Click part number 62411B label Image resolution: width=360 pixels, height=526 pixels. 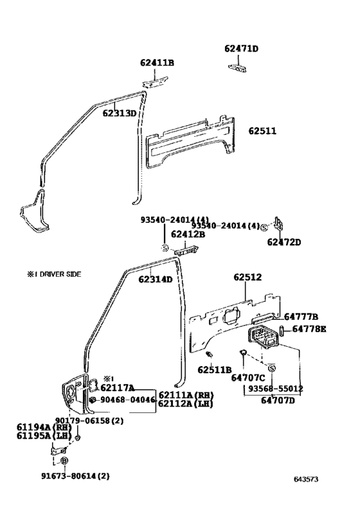click(157, 63)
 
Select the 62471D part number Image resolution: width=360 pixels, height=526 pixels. click(241, 49)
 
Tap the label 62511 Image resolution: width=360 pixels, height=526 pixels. click(262, 131)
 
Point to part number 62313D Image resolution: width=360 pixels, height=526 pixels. click(120, 114)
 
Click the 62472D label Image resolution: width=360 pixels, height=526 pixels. click(284, 242)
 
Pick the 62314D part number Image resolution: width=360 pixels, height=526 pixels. click(156, 279)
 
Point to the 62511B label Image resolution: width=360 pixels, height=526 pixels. click(214, 369)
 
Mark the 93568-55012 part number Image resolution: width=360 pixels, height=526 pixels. click(276, 389)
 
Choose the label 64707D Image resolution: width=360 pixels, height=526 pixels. click(278, 401)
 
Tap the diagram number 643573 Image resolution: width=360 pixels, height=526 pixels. click(306, 479)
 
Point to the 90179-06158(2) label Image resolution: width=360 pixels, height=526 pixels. click(75, 421)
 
